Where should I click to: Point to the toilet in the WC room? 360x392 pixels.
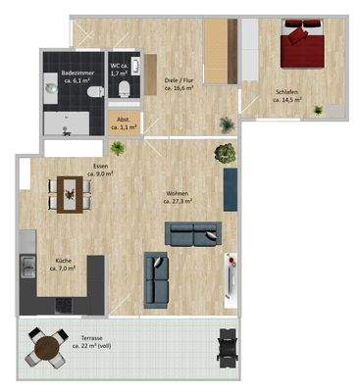(x=124, y=91)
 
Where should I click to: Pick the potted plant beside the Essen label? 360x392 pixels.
(x=118, y=149)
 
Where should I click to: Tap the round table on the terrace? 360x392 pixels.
(x=43, y=345)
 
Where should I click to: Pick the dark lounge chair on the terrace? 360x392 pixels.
(x=229, y=345)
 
